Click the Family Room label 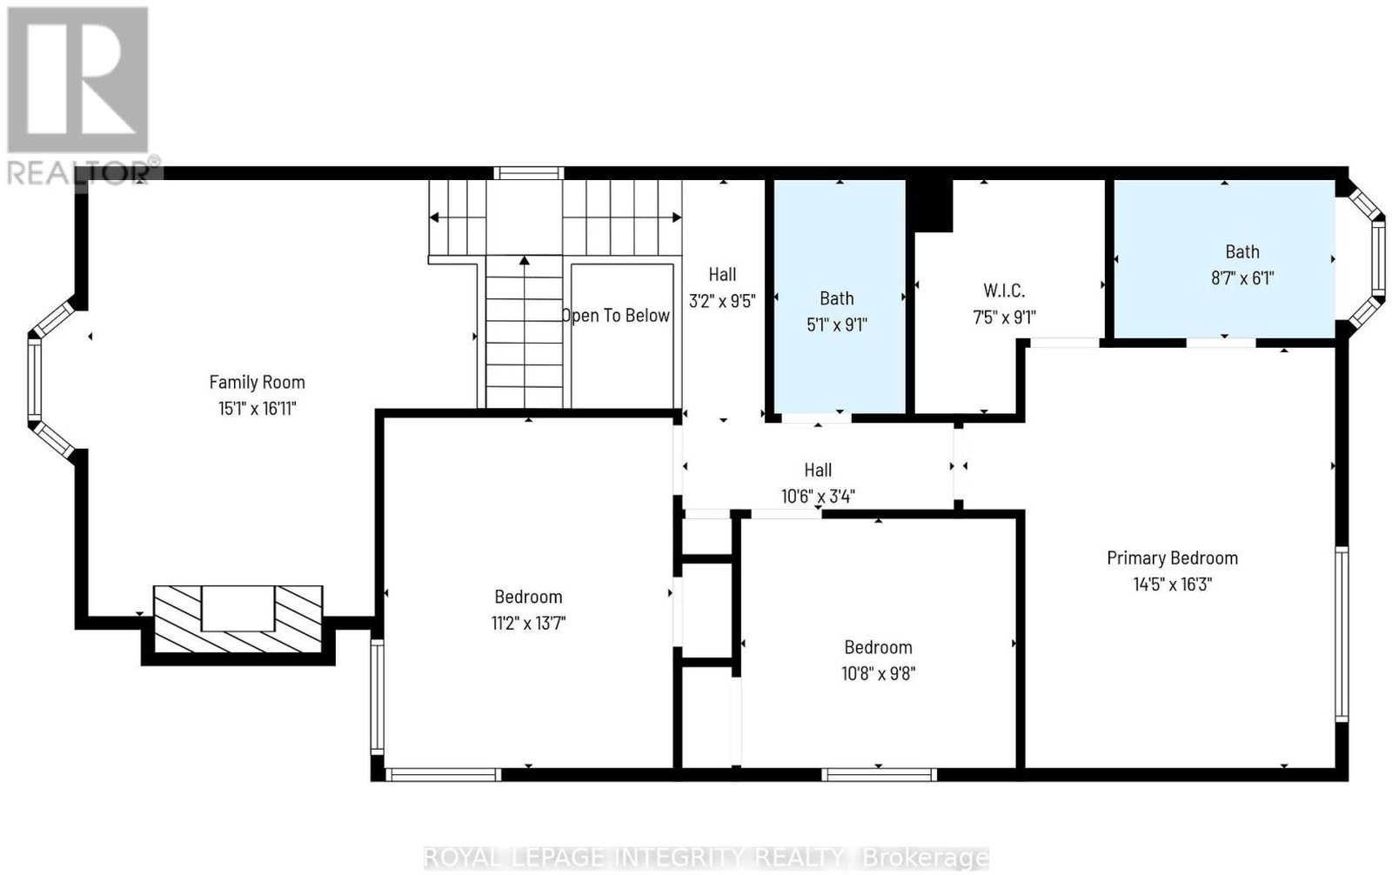coord(257,382)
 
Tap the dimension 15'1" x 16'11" coord(257,408)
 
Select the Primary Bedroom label coord(1172,558)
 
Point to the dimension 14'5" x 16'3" coord(1172,584)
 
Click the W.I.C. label coord(1004,291)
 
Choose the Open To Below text coord(616,316)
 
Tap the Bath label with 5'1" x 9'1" coord(836,298)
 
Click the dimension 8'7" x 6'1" coord(1242,277)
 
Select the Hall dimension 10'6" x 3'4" coord(818,497)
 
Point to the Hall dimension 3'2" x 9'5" coord(722,301)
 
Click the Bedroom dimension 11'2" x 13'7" coord(528,623)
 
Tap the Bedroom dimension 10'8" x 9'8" coord(878,674)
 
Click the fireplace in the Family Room coord(238,619)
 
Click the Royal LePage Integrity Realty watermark coord(706,858)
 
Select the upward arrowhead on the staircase coord(525,260)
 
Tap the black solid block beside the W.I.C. coord(929,205)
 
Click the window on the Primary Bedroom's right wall coord(1342,634)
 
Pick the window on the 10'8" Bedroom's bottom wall coord(879,774)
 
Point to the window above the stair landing coord(529,173)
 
